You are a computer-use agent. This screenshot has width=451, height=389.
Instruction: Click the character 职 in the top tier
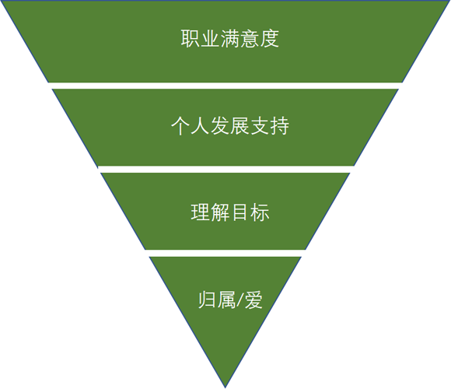[x=191, y=38]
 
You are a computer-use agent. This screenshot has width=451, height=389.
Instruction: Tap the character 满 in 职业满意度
[x=230, y=38]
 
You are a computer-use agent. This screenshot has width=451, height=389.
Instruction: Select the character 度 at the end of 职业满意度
[x=270, y=38]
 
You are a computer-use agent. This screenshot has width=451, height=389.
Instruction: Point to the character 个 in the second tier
[x=180, y=126]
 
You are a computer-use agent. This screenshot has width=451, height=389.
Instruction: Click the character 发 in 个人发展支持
[x=220, y=126]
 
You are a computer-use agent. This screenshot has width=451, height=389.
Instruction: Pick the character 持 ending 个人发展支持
[x=280, y=126]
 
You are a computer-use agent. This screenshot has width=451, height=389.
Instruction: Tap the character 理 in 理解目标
[x=201, y=212]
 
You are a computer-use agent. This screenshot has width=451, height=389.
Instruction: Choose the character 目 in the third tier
[x=239, y=212]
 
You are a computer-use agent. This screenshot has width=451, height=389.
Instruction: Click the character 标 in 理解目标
[x=260, y=212]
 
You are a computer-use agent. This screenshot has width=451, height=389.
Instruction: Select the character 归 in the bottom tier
[x=208, y=300]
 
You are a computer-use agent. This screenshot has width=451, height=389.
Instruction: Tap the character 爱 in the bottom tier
[x=253, y=300]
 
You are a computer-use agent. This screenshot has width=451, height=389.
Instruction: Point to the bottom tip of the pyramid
[x=226, y=388]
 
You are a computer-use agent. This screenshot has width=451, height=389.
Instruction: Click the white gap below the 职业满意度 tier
[x=226, y=86]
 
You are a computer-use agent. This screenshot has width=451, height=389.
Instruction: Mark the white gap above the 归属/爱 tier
[x=226, y=253]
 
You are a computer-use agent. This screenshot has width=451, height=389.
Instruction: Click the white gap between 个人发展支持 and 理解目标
[x=226, y=169]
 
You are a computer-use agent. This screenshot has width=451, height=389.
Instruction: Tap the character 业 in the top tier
[x=210, y=38]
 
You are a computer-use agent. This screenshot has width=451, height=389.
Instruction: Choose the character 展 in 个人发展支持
[x=239, y=126]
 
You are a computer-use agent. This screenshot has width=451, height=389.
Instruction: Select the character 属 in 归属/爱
[x=226, y=300]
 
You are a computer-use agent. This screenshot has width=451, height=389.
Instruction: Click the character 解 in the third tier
[x=220, y=212]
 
